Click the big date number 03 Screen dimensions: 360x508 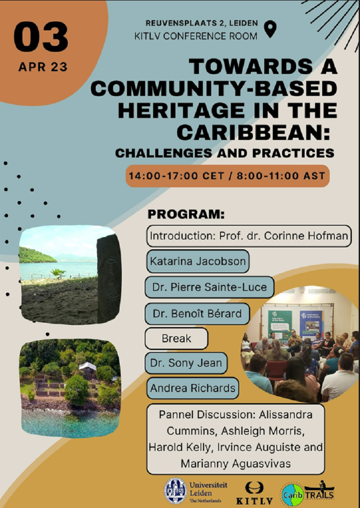41,36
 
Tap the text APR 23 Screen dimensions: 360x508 43,67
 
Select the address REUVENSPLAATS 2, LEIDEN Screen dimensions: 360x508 202,23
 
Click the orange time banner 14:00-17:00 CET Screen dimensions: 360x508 227,176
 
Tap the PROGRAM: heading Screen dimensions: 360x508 186,215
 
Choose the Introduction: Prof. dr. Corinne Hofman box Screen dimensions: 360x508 249,236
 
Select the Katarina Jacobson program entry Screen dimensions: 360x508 198,261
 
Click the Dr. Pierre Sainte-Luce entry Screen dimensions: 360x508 209,287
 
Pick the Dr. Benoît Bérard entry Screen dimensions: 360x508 197,314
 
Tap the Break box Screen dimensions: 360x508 176,338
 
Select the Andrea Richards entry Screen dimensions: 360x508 193,388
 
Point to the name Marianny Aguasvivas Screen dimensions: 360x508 235,463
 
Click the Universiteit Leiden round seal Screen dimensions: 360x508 175,491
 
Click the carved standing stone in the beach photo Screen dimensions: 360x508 109,279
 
